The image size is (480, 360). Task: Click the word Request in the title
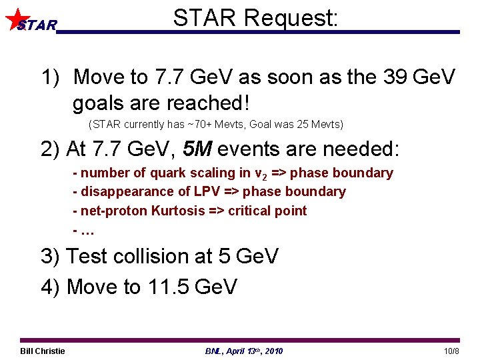click(x=291, y=18)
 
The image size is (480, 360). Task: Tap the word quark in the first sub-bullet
click(x=167, y=173)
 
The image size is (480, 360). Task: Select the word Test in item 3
click(x=90, y=256)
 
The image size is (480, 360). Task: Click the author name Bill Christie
click(x=43, y=351)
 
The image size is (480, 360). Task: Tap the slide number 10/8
click(x=451, y=351)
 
